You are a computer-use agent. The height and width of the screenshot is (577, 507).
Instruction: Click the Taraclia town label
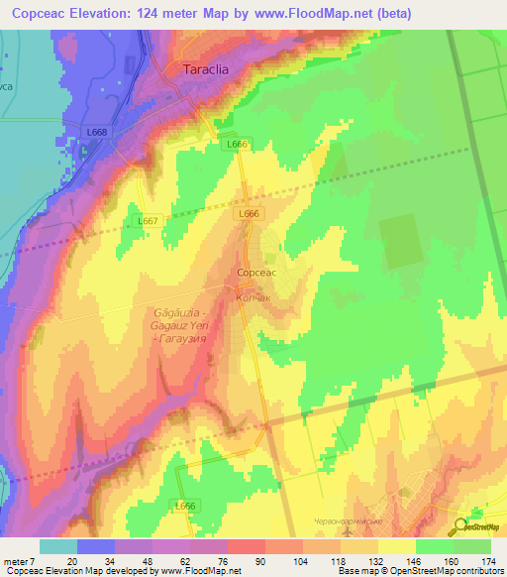pyautogui.click(x=208, y=70)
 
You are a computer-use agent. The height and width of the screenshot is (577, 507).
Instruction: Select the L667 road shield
pyautogui.click(x=147, y=220)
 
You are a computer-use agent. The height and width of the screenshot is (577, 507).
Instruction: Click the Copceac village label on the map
pyautogui.click(x=254, y=272)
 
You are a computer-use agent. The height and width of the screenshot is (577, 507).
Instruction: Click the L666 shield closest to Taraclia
pyautogui.click(x=236, y=145)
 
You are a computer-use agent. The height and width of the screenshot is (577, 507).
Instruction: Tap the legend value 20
pyautogui.click(x=72, y=560)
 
